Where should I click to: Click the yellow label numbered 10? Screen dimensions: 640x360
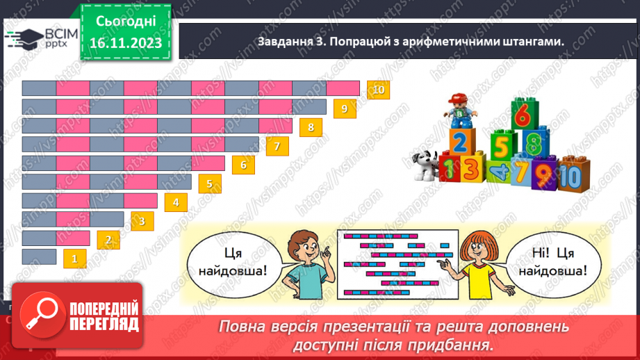(378, 90)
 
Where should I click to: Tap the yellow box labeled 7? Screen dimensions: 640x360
(277, 146)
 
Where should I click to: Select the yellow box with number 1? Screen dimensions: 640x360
(74, 259)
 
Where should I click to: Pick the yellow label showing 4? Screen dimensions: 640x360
(176, 202)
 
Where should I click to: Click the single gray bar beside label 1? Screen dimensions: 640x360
(39, 256)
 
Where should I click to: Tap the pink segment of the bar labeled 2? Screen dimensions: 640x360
(73, 238)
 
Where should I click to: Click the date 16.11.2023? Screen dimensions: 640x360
(126, 43)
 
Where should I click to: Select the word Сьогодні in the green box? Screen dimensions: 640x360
(126, 22)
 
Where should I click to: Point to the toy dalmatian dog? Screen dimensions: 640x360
(425, 165)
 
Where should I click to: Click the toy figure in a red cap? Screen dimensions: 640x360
(460, 111)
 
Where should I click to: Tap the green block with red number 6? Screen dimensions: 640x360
(525, 114)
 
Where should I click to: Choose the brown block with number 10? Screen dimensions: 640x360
(573, 174)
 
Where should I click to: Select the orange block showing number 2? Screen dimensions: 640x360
(461, 142)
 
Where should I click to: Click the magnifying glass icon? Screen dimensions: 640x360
(42, 315)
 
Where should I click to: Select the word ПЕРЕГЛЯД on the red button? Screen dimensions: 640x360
(104, 325)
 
